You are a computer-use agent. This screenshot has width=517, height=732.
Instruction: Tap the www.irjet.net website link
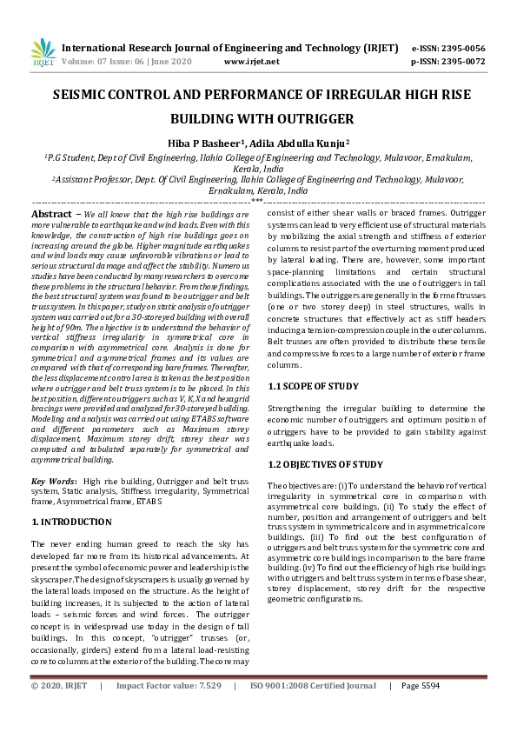(x=251, y=62)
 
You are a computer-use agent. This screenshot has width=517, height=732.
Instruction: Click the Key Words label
(x=51, y=481)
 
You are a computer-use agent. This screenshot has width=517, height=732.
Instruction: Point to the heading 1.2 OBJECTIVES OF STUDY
(x=325, y=464)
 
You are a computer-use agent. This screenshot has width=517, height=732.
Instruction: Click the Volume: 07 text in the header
(x=88, y=62)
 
